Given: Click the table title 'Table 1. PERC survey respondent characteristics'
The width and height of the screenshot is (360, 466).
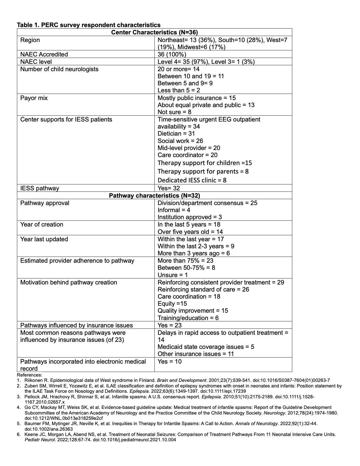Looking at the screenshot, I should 89,25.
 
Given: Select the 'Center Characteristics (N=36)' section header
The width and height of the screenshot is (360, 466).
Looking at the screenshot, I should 154,32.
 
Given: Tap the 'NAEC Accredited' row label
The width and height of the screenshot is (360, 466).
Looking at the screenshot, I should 44,54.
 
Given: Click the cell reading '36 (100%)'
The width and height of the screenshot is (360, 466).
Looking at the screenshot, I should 172,54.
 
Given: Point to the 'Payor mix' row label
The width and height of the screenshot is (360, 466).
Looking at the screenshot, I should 34,98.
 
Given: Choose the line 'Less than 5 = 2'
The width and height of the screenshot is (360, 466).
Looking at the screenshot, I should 179,90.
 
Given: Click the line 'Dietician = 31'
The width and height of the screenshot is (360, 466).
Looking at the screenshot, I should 176,134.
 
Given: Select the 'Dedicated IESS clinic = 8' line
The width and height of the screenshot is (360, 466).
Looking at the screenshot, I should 192,180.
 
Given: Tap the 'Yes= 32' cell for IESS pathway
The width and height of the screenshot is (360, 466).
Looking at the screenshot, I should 169,188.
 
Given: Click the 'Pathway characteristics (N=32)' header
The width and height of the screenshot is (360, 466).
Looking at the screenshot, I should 154,196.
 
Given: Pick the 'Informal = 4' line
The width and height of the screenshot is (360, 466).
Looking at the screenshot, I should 174,210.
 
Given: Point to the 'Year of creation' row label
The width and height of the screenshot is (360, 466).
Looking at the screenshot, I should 42,224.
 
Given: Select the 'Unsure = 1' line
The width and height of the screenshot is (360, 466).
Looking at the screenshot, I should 172,275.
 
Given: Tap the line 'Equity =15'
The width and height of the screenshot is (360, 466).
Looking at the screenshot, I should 172,304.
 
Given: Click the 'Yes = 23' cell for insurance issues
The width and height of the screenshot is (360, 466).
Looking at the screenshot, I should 169,325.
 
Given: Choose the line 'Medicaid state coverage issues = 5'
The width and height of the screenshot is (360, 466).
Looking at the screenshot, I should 206,347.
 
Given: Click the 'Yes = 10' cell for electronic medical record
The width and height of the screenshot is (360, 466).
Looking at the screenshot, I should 169,362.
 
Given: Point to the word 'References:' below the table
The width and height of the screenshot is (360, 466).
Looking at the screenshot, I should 30,375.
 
